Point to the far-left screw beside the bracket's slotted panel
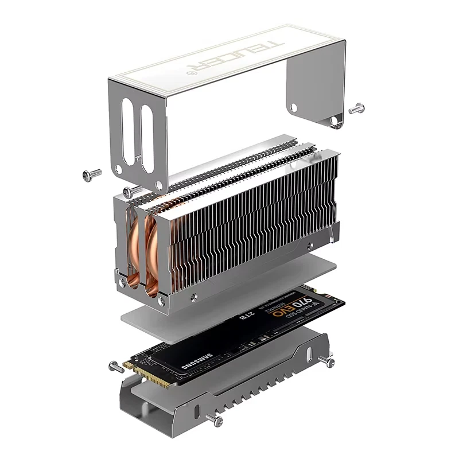coord(91,174)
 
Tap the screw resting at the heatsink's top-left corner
coord(132,191)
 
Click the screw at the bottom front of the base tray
coord(218,422)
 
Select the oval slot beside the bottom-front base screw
coord(197,411)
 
